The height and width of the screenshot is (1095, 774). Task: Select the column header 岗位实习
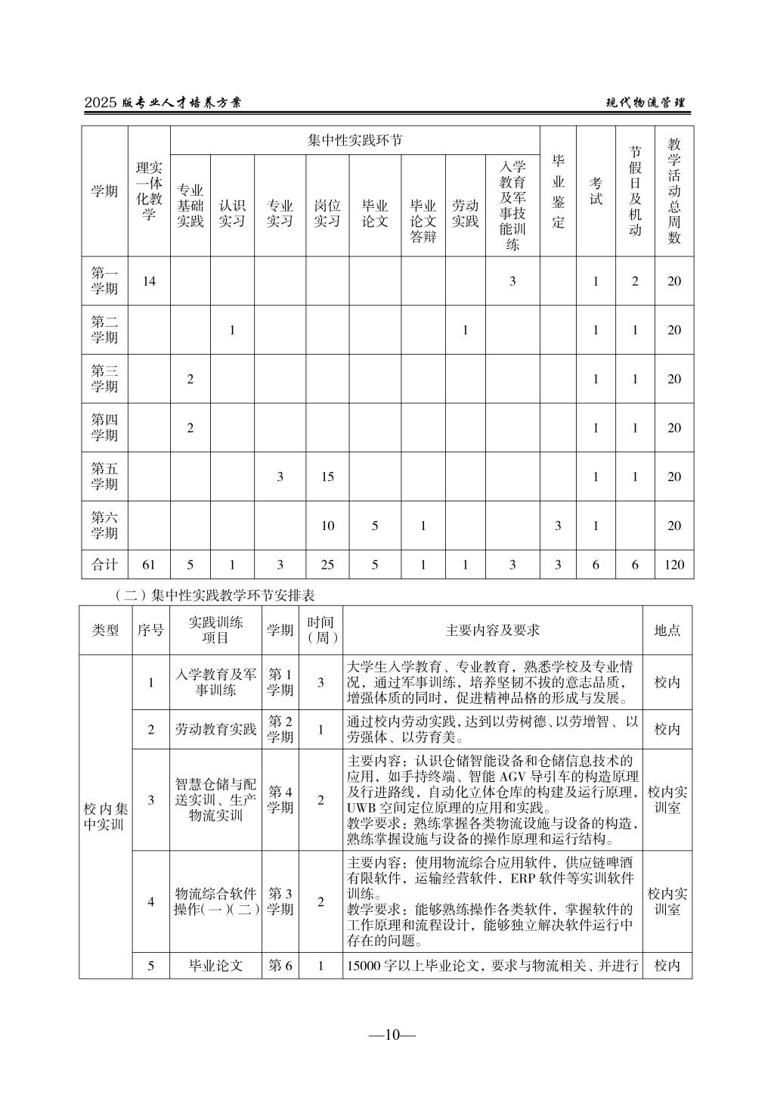pos(327,213)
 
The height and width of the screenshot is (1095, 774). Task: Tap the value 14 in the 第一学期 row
pos(149,281)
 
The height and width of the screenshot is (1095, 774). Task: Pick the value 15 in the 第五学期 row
pos(327,477)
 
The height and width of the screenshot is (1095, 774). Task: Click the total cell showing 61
pos(149,564)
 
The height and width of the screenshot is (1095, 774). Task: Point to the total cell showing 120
pos(673,564)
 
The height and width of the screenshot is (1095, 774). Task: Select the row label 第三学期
pos(105,379)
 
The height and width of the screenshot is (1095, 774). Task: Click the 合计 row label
pos(105,564)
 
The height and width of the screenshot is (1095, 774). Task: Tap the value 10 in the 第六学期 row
pos(327,526)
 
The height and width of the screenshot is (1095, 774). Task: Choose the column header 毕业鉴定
pos(558,191)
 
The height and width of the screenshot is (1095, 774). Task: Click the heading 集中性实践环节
pos(354,141)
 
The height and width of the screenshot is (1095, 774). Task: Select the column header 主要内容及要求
pos(493,630)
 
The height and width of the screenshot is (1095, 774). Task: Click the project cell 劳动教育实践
pos(215,730)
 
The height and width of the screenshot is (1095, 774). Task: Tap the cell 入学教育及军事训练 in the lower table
pos(215,682)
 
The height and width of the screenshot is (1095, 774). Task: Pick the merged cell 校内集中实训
pos(105,816)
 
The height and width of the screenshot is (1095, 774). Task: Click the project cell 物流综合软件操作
pos(215,901)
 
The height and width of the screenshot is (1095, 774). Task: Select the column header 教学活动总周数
pos(673,191)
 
